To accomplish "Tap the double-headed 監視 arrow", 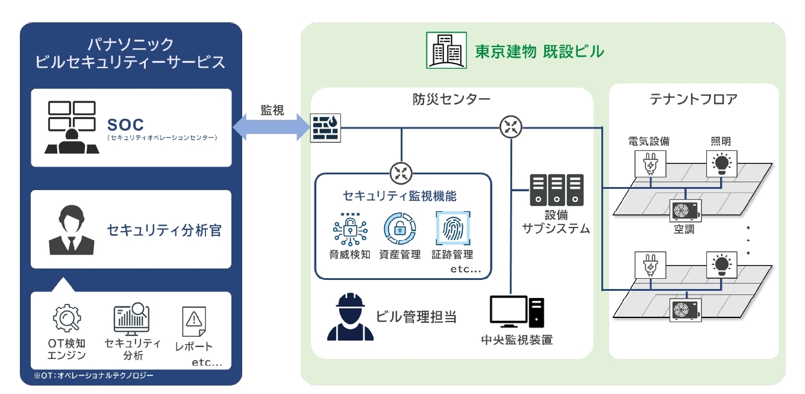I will click(272, 127).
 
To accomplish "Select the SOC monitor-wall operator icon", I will click(71, 127).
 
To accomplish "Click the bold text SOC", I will click(125, 125).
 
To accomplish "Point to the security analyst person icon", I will click(71, 230).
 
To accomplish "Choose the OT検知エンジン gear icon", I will click(66, 319).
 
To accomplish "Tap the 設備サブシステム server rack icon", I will click(557, 189).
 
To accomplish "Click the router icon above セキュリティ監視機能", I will click(400, 173).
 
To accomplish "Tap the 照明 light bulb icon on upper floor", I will click(721, 162).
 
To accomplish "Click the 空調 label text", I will click(684, 230).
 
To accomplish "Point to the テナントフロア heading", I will click(694, 100).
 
